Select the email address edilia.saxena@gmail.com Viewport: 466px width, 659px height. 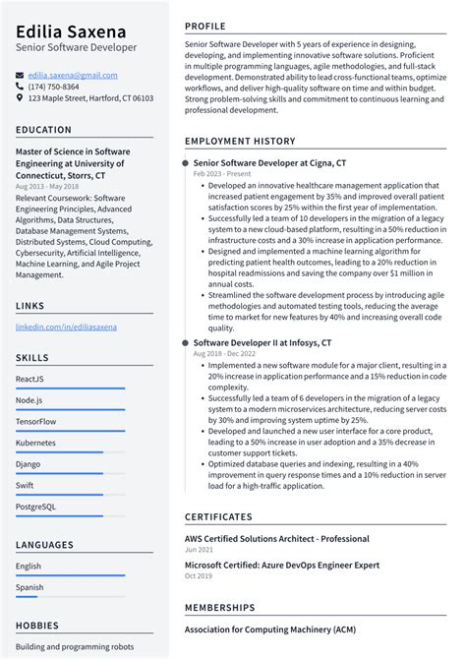coord(73,75)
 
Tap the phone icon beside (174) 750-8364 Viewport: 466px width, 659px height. coord(20,87)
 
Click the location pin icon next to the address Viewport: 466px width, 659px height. coord(20,98)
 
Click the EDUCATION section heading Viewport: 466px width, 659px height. coord(44,130)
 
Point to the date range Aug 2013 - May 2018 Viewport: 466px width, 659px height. coord(47,186)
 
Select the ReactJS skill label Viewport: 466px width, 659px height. coord(29,379)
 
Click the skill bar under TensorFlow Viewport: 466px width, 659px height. coord(70,431)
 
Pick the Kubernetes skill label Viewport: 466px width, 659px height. coord(35,443)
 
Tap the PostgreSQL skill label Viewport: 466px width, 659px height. coord(35,507)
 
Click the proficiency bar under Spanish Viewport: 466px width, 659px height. coord(70,595)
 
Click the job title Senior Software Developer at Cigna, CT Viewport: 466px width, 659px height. coord(269,162)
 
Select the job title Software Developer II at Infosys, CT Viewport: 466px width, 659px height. coord(262,342)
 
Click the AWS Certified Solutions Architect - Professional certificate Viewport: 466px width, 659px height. coord(276,539)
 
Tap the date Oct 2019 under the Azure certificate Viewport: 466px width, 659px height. coord(199,575)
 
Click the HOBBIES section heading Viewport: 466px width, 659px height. coord(38,625)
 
